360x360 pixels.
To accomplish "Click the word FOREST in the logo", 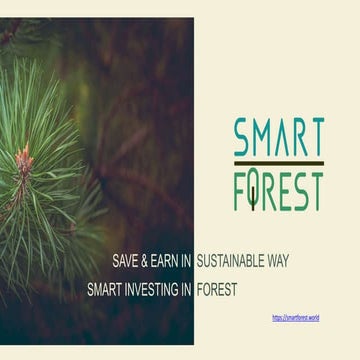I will click(279, 190).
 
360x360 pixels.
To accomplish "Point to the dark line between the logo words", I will click(279, 163).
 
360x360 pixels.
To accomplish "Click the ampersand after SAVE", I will click(148, 261).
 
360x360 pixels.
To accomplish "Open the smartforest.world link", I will click(296, 317).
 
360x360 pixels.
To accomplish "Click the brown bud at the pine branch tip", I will click(22, 157).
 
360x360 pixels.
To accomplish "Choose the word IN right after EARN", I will click(187, 261).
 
